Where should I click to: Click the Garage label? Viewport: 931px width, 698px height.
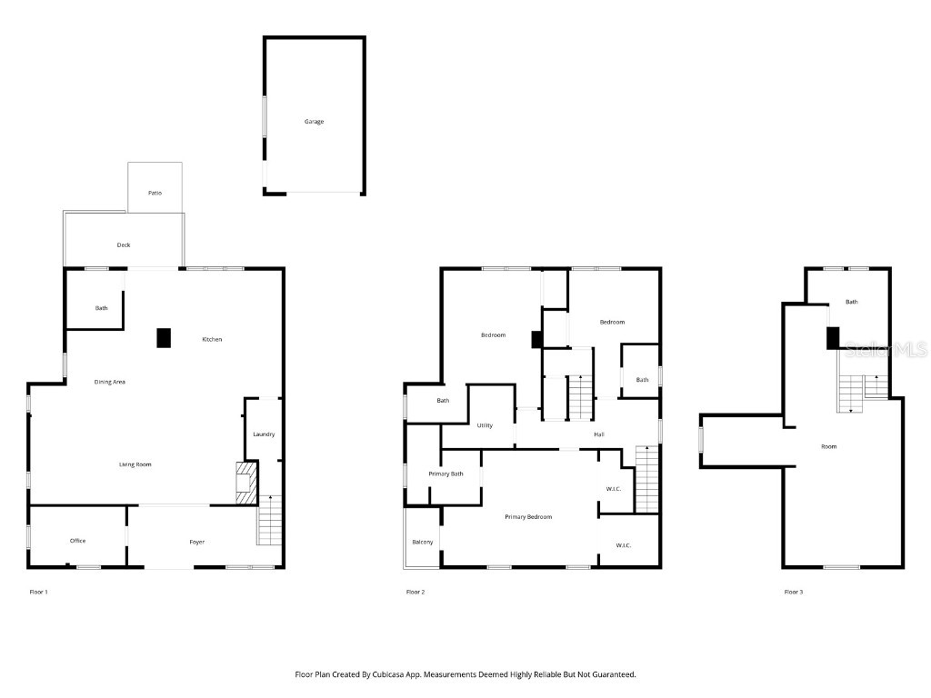click(314, 122)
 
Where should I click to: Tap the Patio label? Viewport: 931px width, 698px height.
click(155, 194)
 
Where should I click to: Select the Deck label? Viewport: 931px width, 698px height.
click(124, 245)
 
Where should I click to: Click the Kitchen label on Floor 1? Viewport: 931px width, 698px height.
click(212, 340)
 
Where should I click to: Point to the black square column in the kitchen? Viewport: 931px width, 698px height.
click(164, 337)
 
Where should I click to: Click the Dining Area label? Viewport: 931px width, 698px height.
click(110, 382)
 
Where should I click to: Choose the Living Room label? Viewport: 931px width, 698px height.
click(135, 464)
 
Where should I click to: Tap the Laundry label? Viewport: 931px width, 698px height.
click(264, 434)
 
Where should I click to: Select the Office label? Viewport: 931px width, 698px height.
click(78, 541)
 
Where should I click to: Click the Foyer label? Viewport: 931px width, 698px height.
click(196, 542)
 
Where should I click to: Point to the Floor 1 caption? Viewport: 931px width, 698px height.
click(39, 592)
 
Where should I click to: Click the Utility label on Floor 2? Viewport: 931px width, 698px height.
click(485, 425)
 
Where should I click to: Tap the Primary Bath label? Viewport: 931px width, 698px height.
click(446, 474)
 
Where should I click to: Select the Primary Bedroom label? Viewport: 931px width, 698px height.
click(528, 517)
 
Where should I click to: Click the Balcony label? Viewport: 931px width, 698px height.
click(423, 542)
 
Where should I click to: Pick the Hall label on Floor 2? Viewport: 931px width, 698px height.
click(599, 434)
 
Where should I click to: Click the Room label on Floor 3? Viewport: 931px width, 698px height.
click(828, 446)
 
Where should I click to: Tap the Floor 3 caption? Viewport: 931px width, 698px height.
click(794, 592)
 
